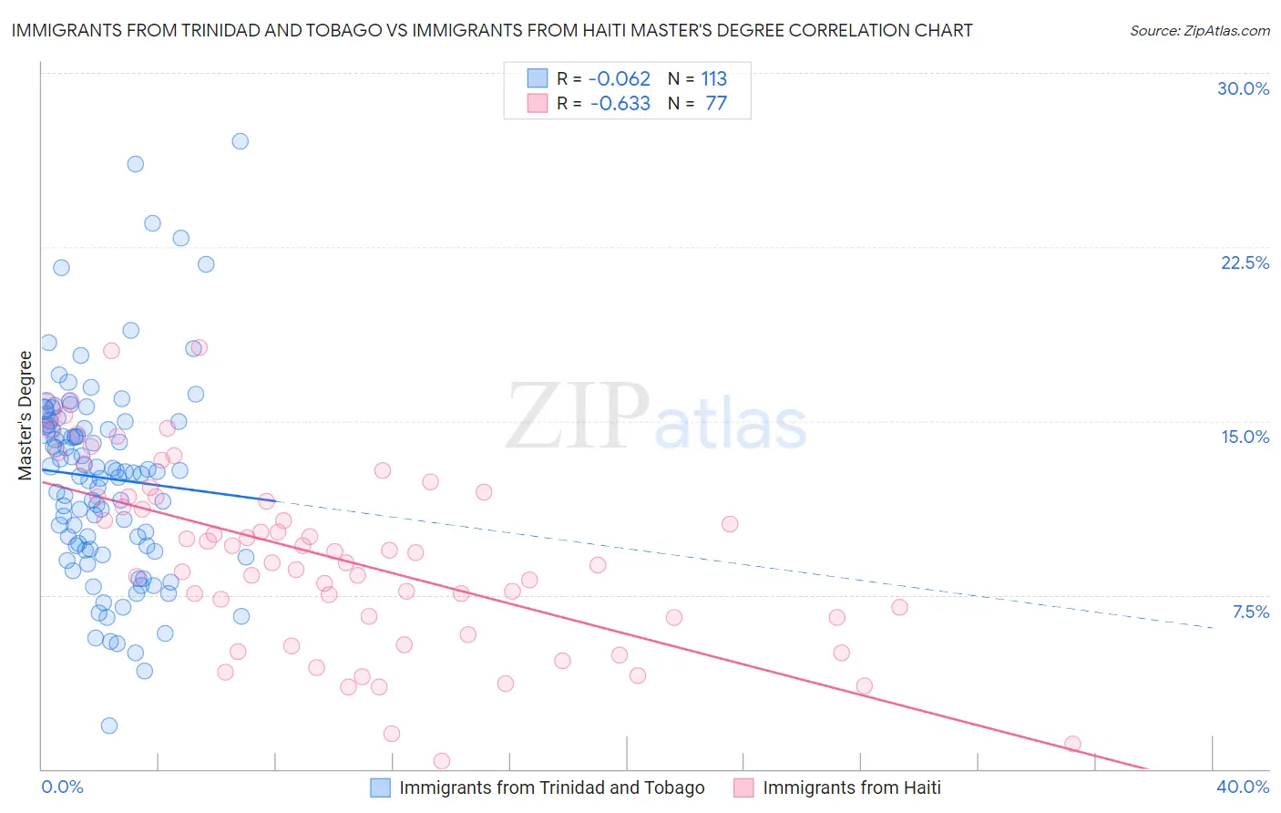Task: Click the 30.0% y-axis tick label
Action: click(1243, 88)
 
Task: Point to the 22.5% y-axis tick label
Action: click(1245, 262)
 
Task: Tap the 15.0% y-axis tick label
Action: click(1245, 437)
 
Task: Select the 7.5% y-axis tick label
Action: click(1250, 612)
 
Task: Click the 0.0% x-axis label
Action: click(62, 787)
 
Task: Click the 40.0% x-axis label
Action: click(1243, 787)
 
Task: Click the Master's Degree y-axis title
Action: click(25, 416)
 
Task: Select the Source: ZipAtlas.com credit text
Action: click(1199, 30)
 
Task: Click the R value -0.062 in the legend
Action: click(620, 78)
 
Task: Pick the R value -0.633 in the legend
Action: click(620, 103)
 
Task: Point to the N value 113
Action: click(713, 78)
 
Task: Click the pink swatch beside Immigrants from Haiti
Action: click(743, 787)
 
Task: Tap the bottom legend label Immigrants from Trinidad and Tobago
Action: click(551, 787)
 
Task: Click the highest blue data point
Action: click(241, 141)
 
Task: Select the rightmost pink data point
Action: click(1072, 744)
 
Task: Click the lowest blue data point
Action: click(109, 726)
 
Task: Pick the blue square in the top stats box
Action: click(538, 78)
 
